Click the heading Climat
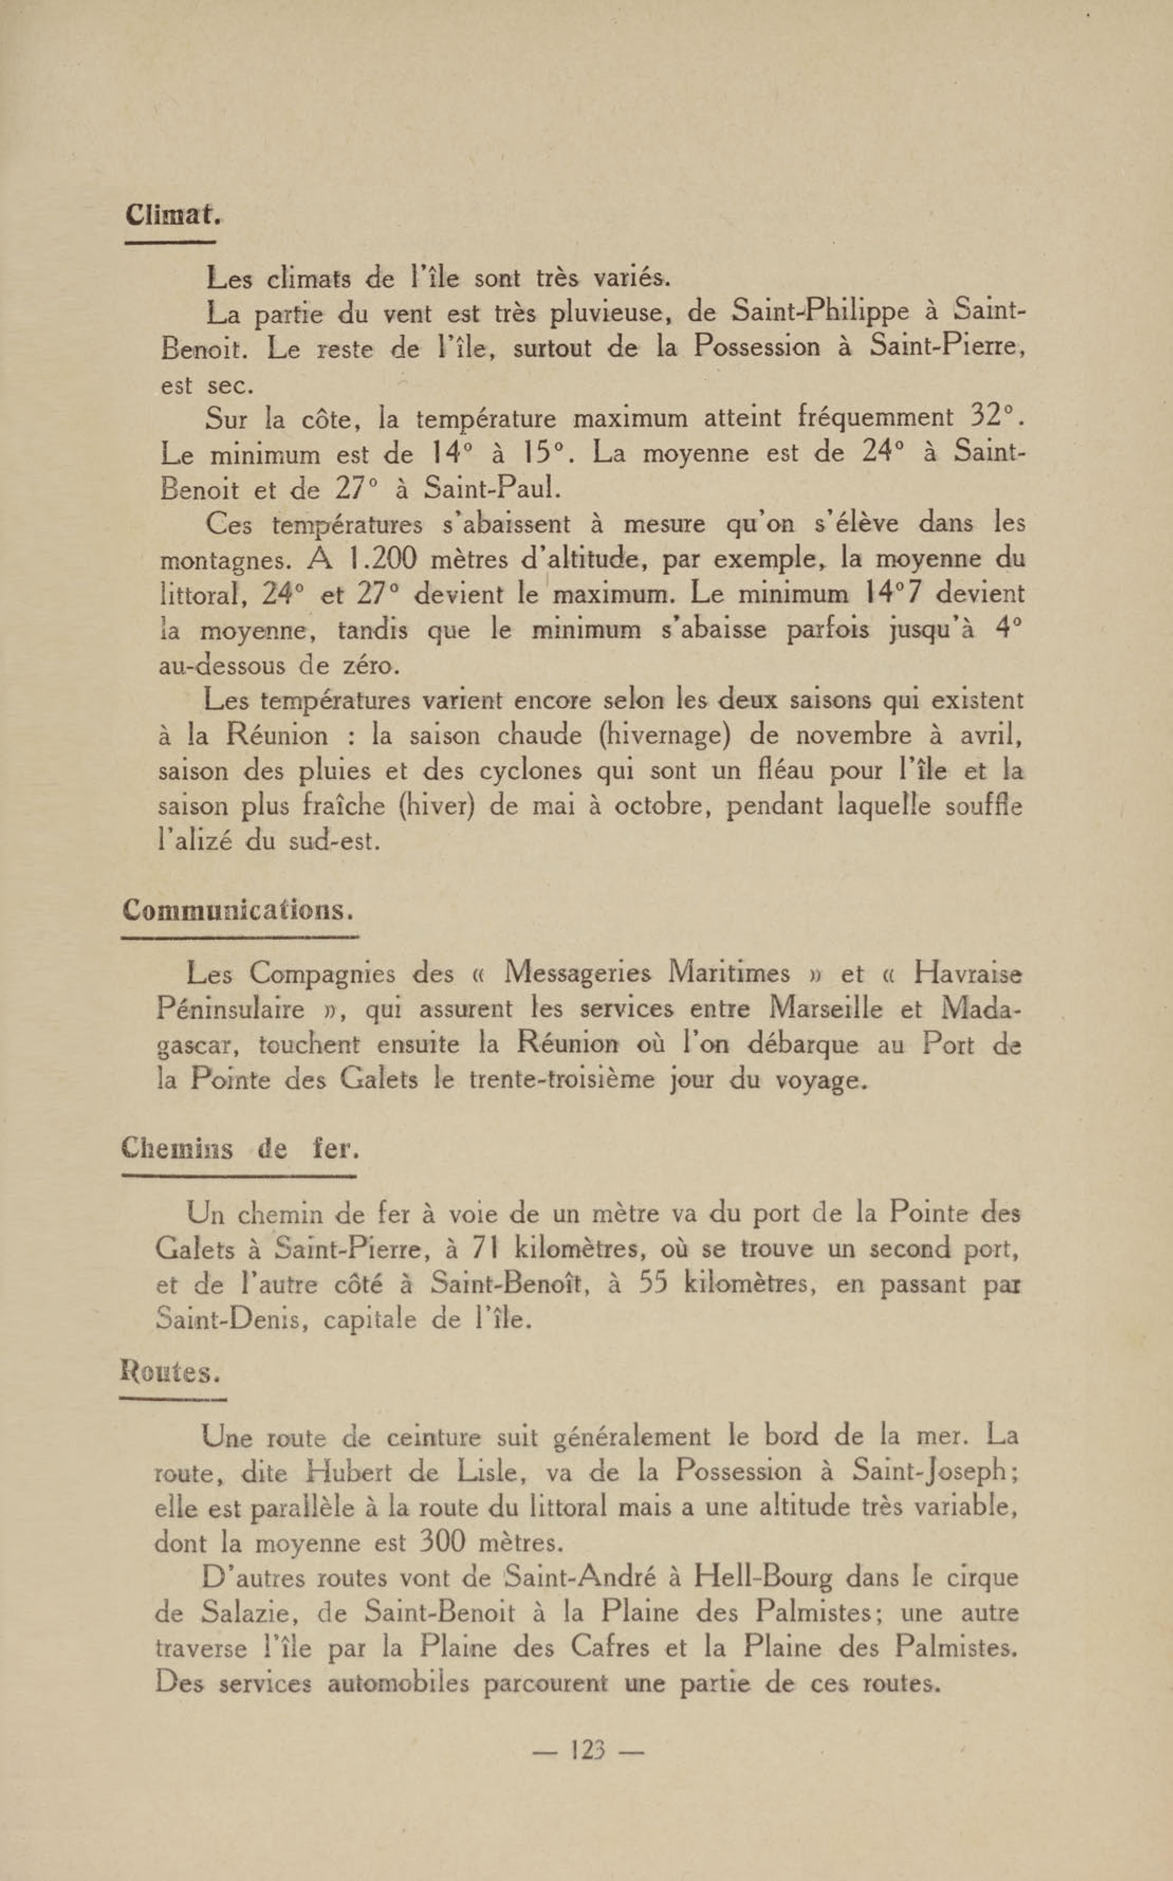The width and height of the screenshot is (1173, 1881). click(x=173, y=215)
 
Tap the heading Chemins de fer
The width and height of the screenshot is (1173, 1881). click(x=241, y=1149)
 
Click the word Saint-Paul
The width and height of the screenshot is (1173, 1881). click(x=491, y=488)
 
